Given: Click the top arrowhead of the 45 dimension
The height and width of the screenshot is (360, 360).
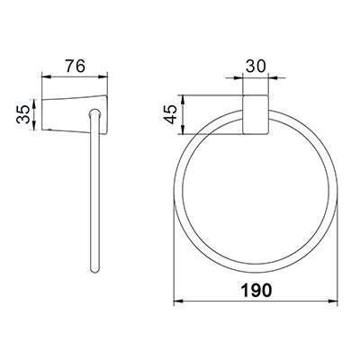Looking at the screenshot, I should point(184,96).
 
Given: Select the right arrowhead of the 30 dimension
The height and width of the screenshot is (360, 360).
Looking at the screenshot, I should point(268,78).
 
